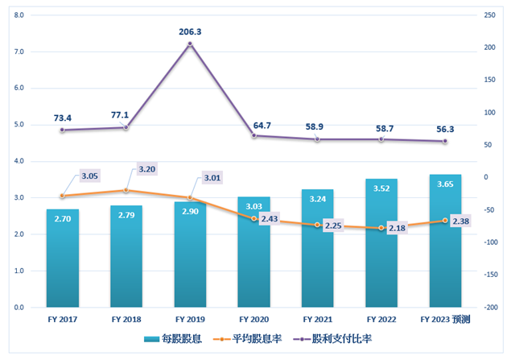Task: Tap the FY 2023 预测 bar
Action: [445, 242]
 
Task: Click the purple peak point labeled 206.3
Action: [190, 43]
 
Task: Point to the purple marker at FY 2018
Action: [126, 127]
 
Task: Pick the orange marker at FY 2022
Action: [381, 228]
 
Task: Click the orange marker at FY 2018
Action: [126, 190]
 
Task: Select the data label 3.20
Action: [146, 170]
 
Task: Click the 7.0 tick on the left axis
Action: [19, 52]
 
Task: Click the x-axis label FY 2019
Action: [190, 320]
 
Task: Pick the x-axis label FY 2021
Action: [317, 320]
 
